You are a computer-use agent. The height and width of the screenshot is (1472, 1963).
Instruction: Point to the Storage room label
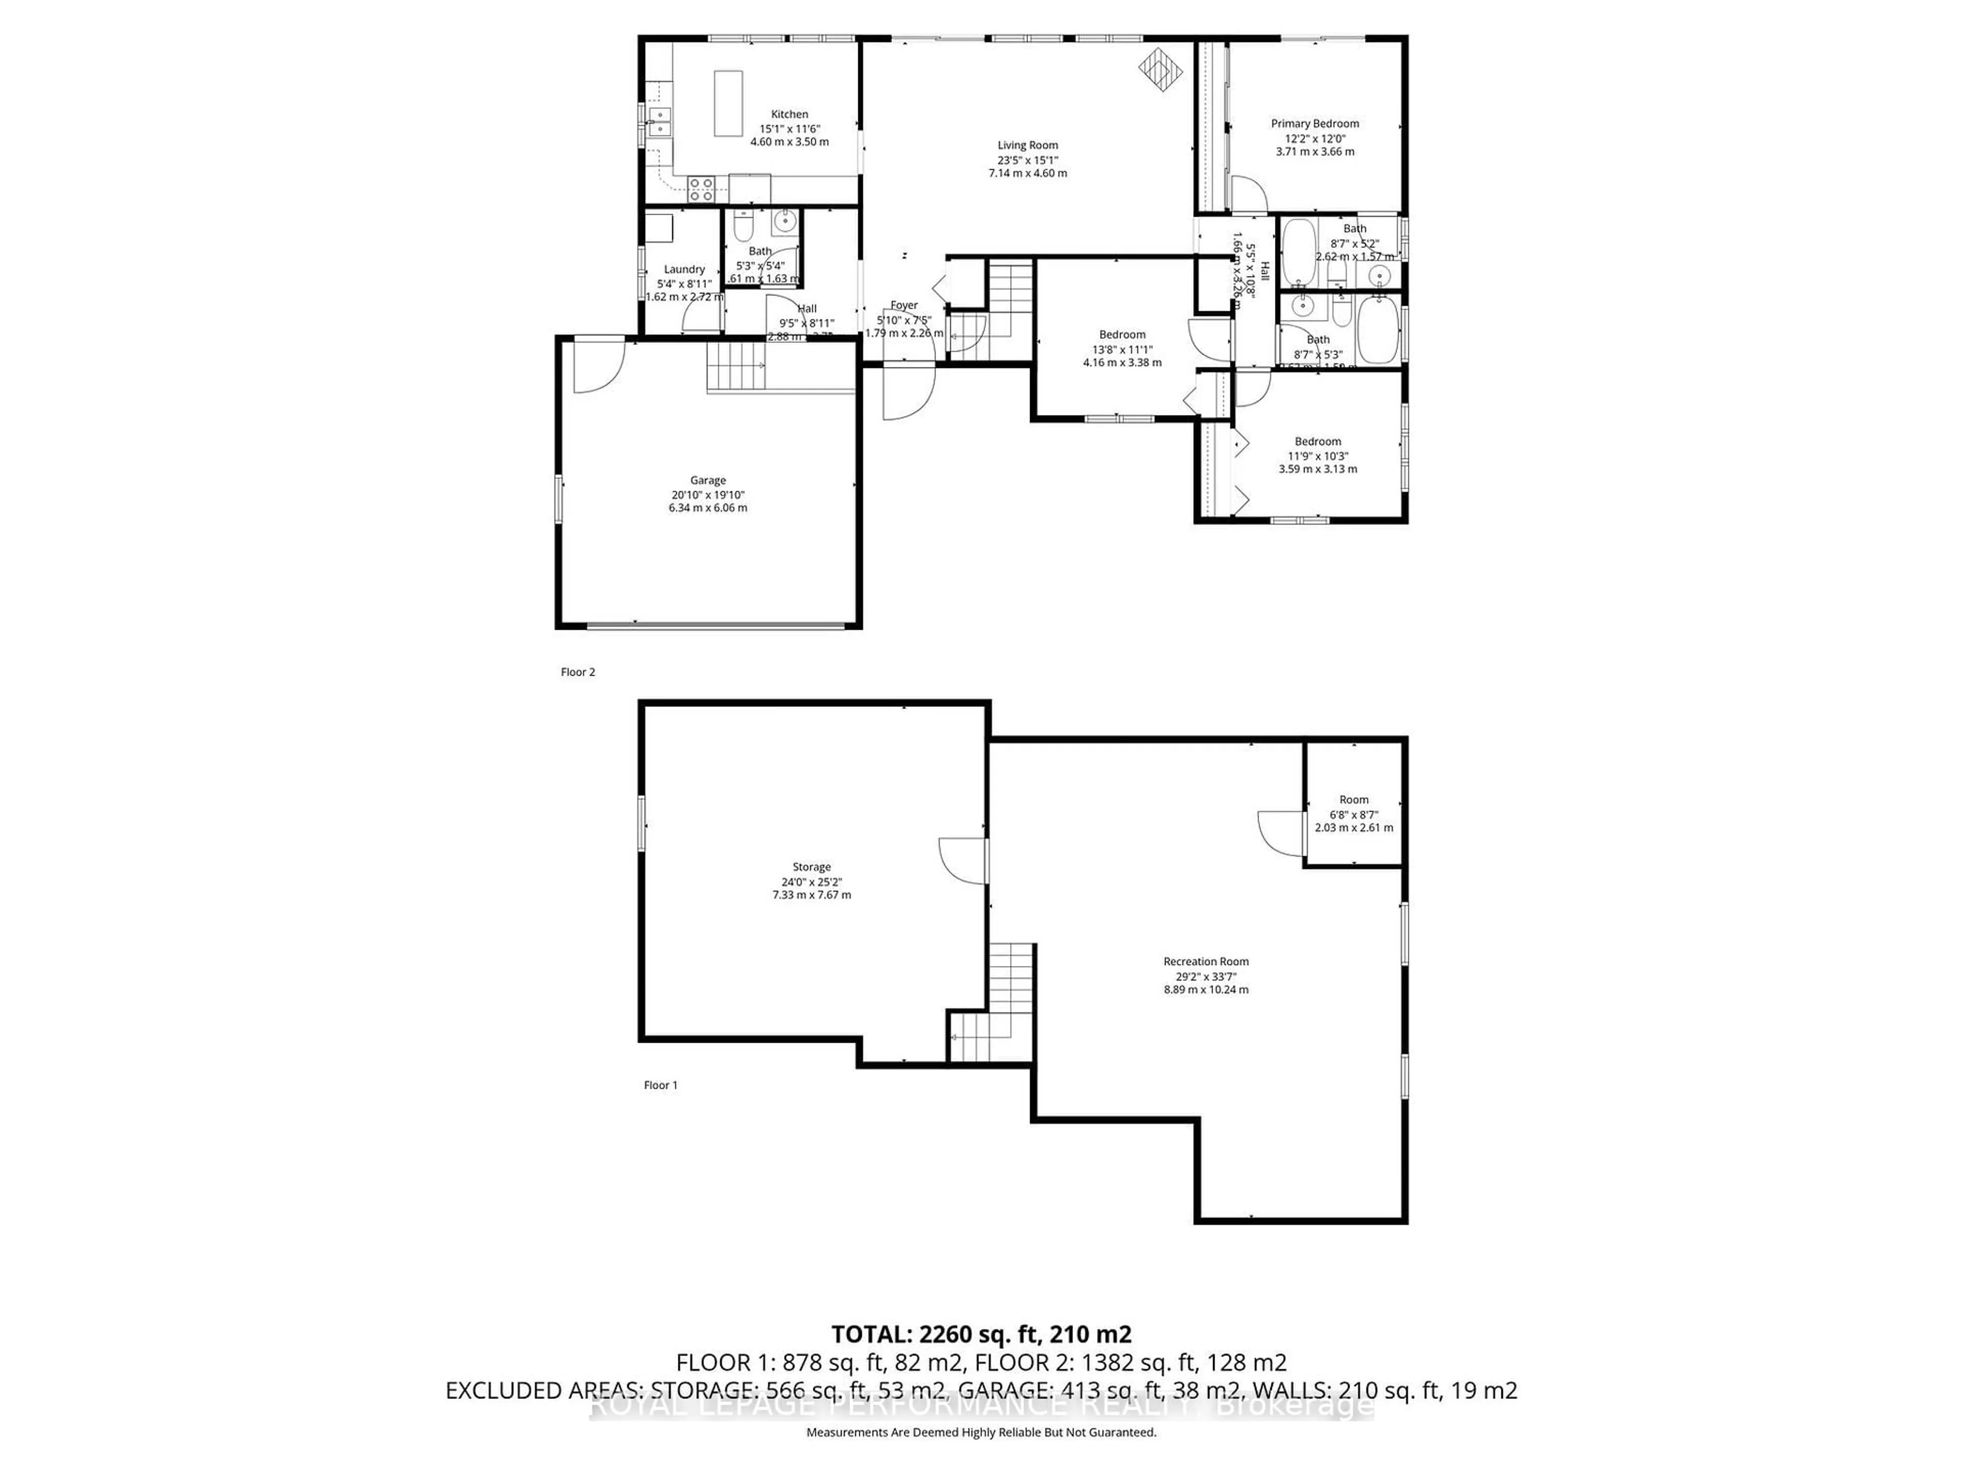point(811,867)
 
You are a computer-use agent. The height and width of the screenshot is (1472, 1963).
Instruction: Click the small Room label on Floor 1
point(1353,799)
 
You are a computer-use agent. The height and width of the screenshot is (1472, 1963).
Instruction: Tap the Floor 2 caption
point(578,672)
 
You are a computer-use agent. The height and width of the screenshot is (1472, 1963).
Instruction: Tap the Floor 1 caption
point(660,1084)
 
